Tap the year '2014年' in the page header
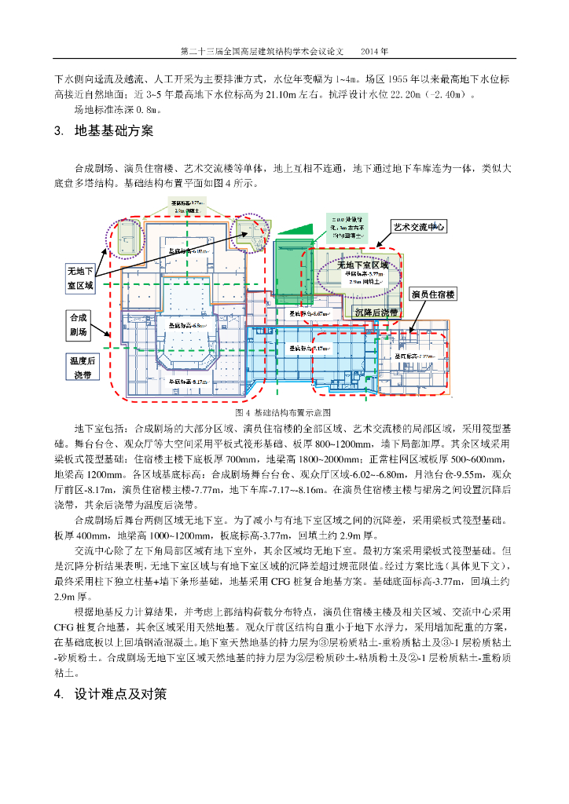tap(374, 51)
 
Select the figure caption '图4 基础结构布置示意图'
tap(283, 411)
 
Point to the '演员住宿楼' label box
tap(433, 294)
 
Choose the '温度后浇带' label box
tap(83, 367)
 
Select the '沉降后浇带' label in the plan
tap(376, 312)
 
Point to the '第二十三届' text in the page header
tap(198, 51)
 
